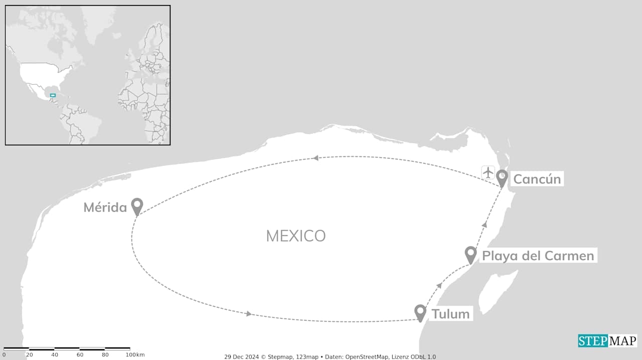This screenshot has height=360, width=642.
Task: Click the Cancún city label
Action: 537,179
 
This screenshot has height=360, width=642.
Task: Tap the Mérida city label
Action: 105,207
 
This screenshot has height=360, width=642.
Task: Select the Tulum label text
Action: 450,314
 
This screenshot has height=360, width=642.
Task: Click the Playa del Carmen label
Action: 538,256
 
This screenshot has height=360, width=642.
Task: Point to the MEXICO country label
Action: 295,236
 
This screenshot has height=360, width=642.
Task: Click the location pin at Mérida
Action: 137,206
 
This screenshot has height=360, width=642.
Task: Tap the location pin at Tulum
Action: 420,312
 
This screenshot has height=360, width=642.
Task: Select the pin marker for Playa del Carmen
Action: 470,254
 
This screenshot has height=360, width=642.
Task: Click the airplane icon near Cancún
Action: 488,172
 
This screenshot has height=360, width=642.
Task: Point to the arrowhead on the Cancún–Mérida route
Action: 315,158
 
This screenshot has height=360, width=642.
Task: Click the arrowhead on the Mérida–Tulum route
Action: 248,314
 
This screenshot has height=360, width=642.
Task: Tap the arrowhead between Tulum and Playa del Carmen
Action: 439,285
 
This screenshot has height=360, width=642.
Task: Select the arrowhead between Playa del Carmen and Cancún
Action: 485,225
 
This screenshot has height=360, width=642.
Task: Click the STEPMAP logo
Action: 607,341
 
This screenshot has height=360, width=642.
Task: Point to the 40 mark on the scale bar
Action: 54,355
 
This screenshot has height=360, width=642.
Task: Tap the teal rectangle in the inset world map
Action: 53,95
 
